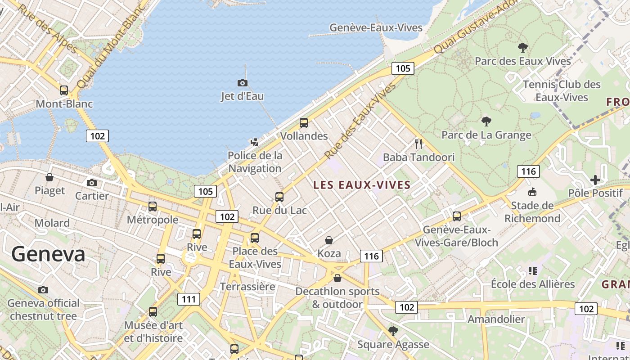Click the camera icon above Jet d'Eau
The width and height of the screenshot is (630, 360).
242,83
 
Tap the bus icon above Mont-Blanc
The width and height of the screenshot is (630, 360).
64,90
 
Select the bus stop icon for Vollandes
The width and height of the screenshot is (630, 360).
304,122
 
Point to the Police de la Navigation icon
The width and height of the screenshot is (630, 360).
255,142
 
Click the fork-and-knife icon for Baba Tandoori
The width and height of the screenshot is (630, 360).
419,144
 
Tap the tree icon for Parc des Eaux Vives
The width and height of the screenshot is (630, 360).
522,47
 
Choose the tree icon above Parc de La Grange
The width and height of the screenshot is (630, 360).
486,121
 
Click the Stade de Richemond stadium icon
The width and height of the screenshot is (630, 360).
532,192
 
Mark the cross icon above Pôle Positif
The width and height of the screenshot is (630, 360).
595,180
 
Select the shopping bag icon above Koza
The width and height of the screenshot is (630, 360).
329,240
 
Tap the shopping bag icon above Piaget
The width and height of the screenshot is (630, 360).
49,177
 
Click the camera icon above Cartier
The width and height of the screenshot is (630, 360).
92,183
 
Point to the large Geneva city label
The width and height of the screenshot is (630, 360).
48,254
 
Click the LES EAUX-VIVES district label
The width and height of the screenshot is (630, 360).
362,185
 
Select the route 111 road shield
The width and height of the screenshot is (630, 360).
189,299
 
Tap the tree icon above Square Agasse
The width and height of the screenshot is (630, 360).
393,331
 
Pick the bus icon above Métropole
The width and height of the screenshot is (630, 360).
153,207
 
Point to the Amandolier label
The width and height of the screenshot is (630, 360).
496,319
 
